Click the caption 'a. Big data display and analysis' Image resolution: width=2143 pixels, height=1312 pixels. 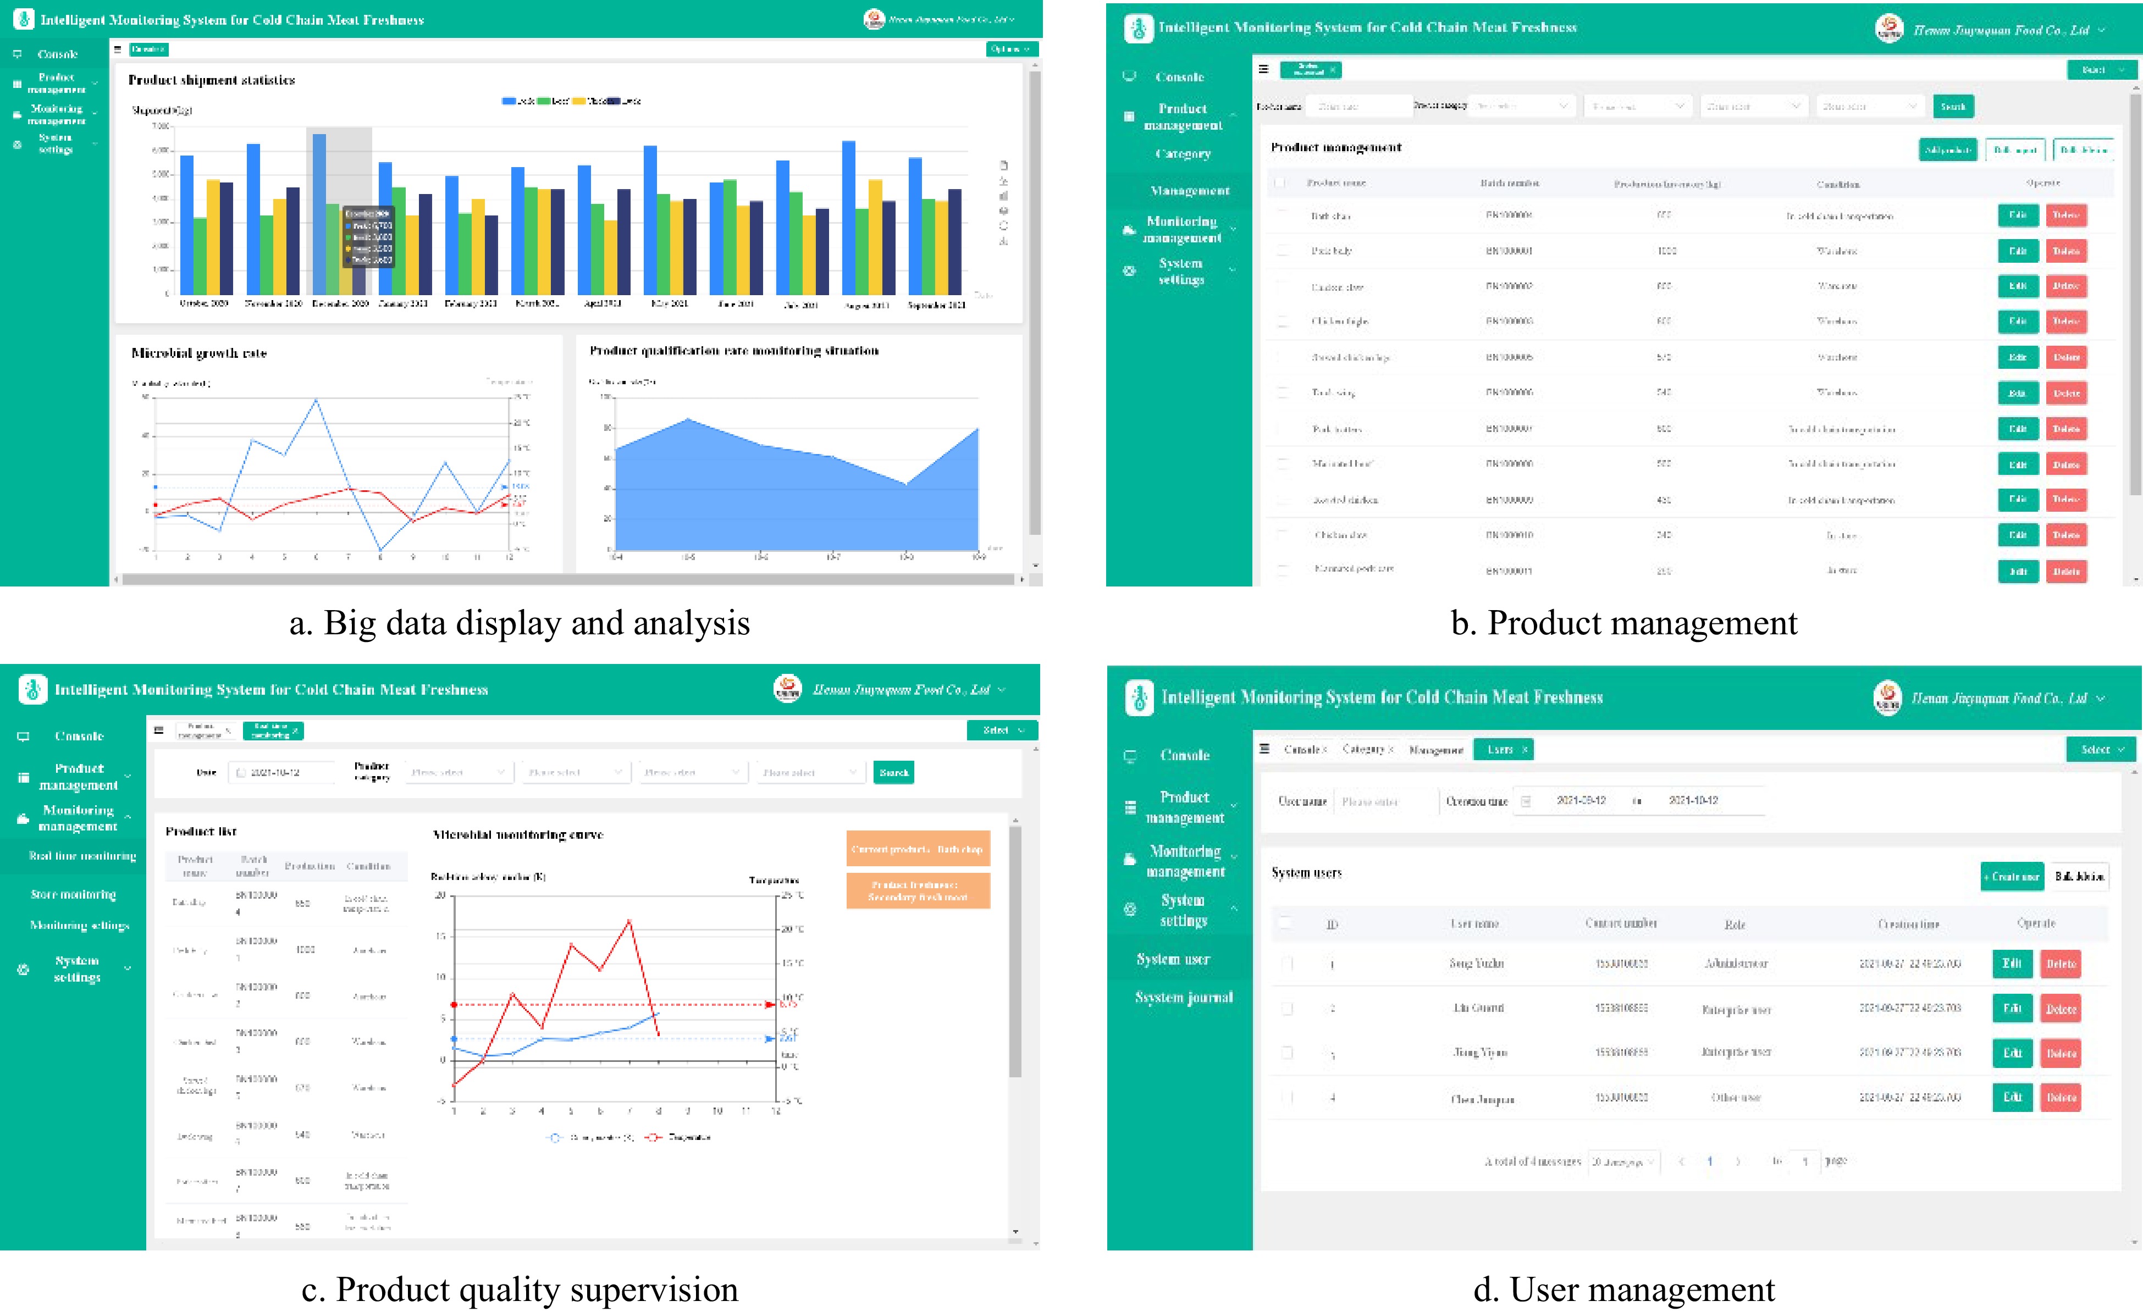click(519, 623)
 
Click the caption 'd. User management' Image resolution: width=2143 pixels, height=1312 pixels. click(1624, 1289)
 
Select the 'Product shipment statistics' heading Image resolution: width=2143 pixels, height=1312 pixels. click(211, 80)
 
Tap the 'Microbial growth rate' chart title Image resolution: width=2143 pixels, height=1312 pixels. click(199, 353)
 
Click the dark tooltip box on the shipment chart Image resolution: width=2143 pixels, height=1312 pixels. click(369, 236)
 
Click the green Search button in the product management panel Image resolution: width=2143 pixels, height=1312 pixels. click(1953, 106)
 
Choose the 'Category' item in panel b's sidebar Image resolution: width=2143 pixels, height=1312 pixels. click(1183, 154)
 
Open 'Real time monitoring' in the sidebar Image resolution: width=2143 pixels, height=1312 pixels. click(82, 856)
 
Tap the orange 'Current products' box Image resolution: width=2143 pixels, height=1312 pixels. click(918, 849)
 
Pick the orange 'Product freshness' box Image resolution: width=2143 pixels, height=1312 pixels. click(918, 890)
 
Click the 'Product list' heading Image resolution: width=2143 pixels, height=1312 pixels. click(201, 831)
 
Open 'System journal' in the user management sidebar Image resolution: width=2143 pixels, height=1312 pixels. click(1184, 997)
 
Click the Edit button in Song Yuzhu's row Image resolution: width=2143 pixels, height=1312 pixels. click(2012, 964)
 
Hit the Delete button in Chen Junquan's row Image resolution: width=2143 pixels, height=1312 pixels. click(2061, 1097)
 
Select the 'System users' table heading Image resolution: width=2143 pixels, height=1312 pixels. click(1306, 873)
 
